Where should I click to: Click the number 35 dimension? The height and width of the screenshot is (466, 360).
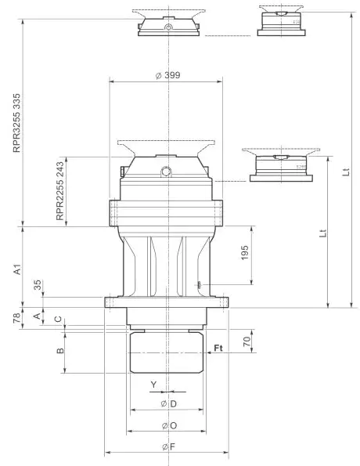point(38,286)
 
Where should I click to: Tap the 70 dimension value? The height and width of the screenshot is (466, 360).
point(246,342)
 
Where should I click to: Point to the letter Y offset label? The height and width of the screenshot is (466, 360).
point(153,383)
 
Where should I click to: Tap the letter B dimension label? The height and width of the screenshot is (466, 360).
point(60,352)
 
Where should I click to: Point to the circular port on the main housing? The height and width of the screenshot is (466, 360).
point(165,171)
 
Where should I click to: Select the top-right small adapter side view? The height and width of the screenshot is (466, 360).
point(280,22)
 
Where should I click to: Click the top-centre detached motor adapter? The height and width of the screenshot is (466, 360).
point(169,25)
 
